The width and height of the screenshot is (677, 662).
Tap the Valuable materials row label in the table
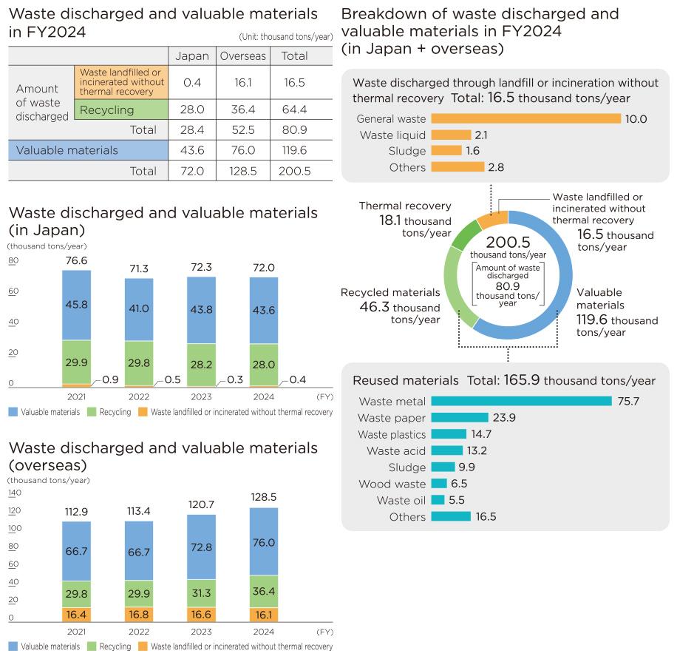(67, 150)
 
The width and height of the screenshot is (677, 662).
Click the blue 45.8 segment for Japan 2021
(76, 304)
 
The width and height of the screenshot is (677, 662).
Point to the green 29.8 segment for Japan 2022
(138, 362)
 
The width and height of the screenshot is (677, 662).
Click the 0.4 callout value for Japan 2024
(297, 379)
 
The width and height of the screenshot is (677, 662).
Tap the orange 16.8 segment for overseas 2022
(138, 613)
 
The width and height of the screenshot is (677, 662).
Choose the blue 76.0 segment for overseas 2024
(264, 542)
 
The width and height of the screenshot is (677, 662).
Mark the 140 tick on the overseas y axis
(16, 493)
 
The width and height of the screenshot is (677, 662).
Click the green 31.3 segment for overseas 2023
(202, 592)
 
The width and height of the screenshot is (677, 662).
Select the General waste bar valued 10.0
(525, 118)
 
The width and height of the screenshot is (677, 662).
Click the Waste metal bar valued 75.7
(521, 401)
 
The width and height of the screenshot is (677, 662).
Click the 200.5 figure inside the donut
(507, 243)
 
